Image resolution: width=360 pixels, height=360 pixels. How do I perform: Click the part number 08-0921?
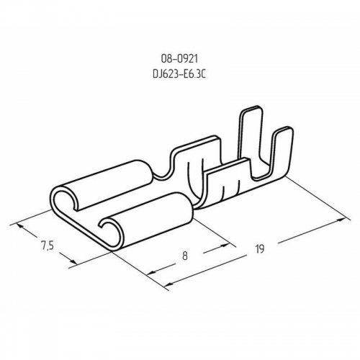[x=179, y=59]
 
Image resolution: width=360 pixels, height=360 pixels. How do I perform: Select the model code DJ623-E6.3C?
[x=179, y=74]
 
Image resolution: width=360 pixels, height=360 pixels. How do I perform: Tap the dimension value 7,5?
[x=47, y=246]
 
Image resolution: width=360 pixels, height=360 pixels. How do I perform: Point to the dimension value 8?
[x=184, y=256]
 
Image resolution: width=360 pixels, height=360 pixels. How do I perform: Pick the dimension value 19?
[x=259, y=249]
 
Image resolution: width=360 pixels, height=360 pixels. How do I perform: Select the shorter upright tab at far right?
[x=283, y=151]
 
